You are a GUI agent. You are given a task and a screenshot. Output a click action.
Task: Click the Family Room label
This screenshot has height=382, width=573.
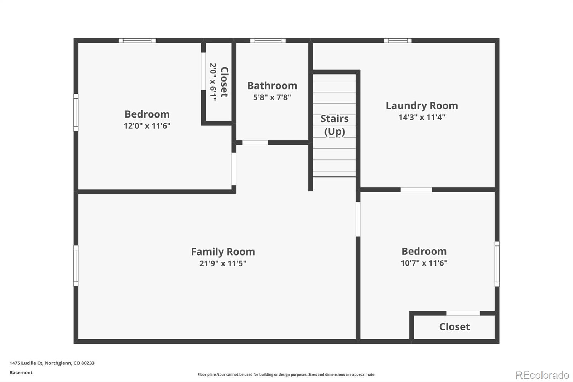[223, 252]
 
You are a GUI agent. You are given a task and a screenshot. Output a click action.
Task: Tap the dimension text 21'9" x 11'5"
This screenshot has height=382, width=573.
[223, 263]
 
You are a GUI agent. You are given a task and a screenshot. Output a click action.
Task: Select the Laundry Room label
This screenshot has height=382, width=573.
[422, 106]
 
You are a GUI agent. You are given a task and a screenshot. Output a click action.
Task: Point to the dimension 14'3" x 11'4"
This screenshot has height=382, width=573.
[422, 117]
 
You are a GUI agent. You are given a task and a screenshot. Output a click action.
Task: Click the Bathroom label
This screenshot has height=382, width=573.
[272, 86]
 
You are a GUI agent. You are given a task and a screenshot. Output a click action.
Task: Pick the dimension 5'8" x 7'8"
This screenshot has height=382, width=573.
[272, 97]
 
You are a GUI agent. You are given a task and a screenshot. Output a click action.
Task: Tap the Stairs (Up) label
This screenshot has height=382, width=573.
[334, 125]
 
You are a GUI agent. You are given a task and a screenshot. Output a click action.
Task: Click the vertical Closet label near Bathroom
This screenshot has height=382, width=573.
[224, 82]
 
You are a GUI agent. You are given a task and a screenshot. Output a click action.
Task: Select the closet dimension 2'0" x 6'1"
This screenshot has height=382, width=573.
[213, 82]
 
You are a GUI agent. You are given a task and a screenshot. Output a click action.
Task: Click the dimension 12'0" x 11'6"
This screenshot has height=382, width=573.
[147, 126]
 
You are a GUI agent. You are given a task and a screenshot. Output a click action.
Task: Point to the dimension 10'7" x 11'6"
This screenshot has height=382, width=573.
[424, 263]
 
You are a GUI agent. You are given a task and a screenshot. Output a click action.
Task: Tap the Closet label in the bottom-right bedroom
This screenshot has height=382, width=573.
[454, 327]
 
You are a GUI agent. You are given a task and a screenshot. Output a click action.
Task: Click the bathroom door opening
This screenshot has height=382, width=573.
[255, 143]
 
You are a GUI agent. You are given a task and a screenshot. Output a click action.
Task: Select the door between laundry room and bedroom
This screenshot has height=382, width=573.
[416, 190]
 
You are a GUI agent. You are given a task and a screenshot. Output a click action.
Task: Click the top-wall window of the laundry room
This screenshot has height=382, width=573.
[398, 40]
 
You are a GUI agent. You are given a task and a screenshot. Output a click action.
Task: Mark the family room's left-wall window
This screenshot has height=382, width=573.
[76, 266]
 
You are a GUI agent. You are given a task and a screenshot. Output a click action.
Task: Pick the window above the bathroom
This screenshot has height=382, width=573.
[268, 40]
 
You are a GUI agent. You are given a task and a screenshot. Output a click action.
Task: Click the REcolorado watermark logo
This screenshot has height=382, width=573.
[542, 375]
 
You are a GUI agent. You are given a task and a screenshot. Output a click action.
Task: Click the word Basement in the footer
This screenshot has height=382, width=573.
[21, 373]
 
